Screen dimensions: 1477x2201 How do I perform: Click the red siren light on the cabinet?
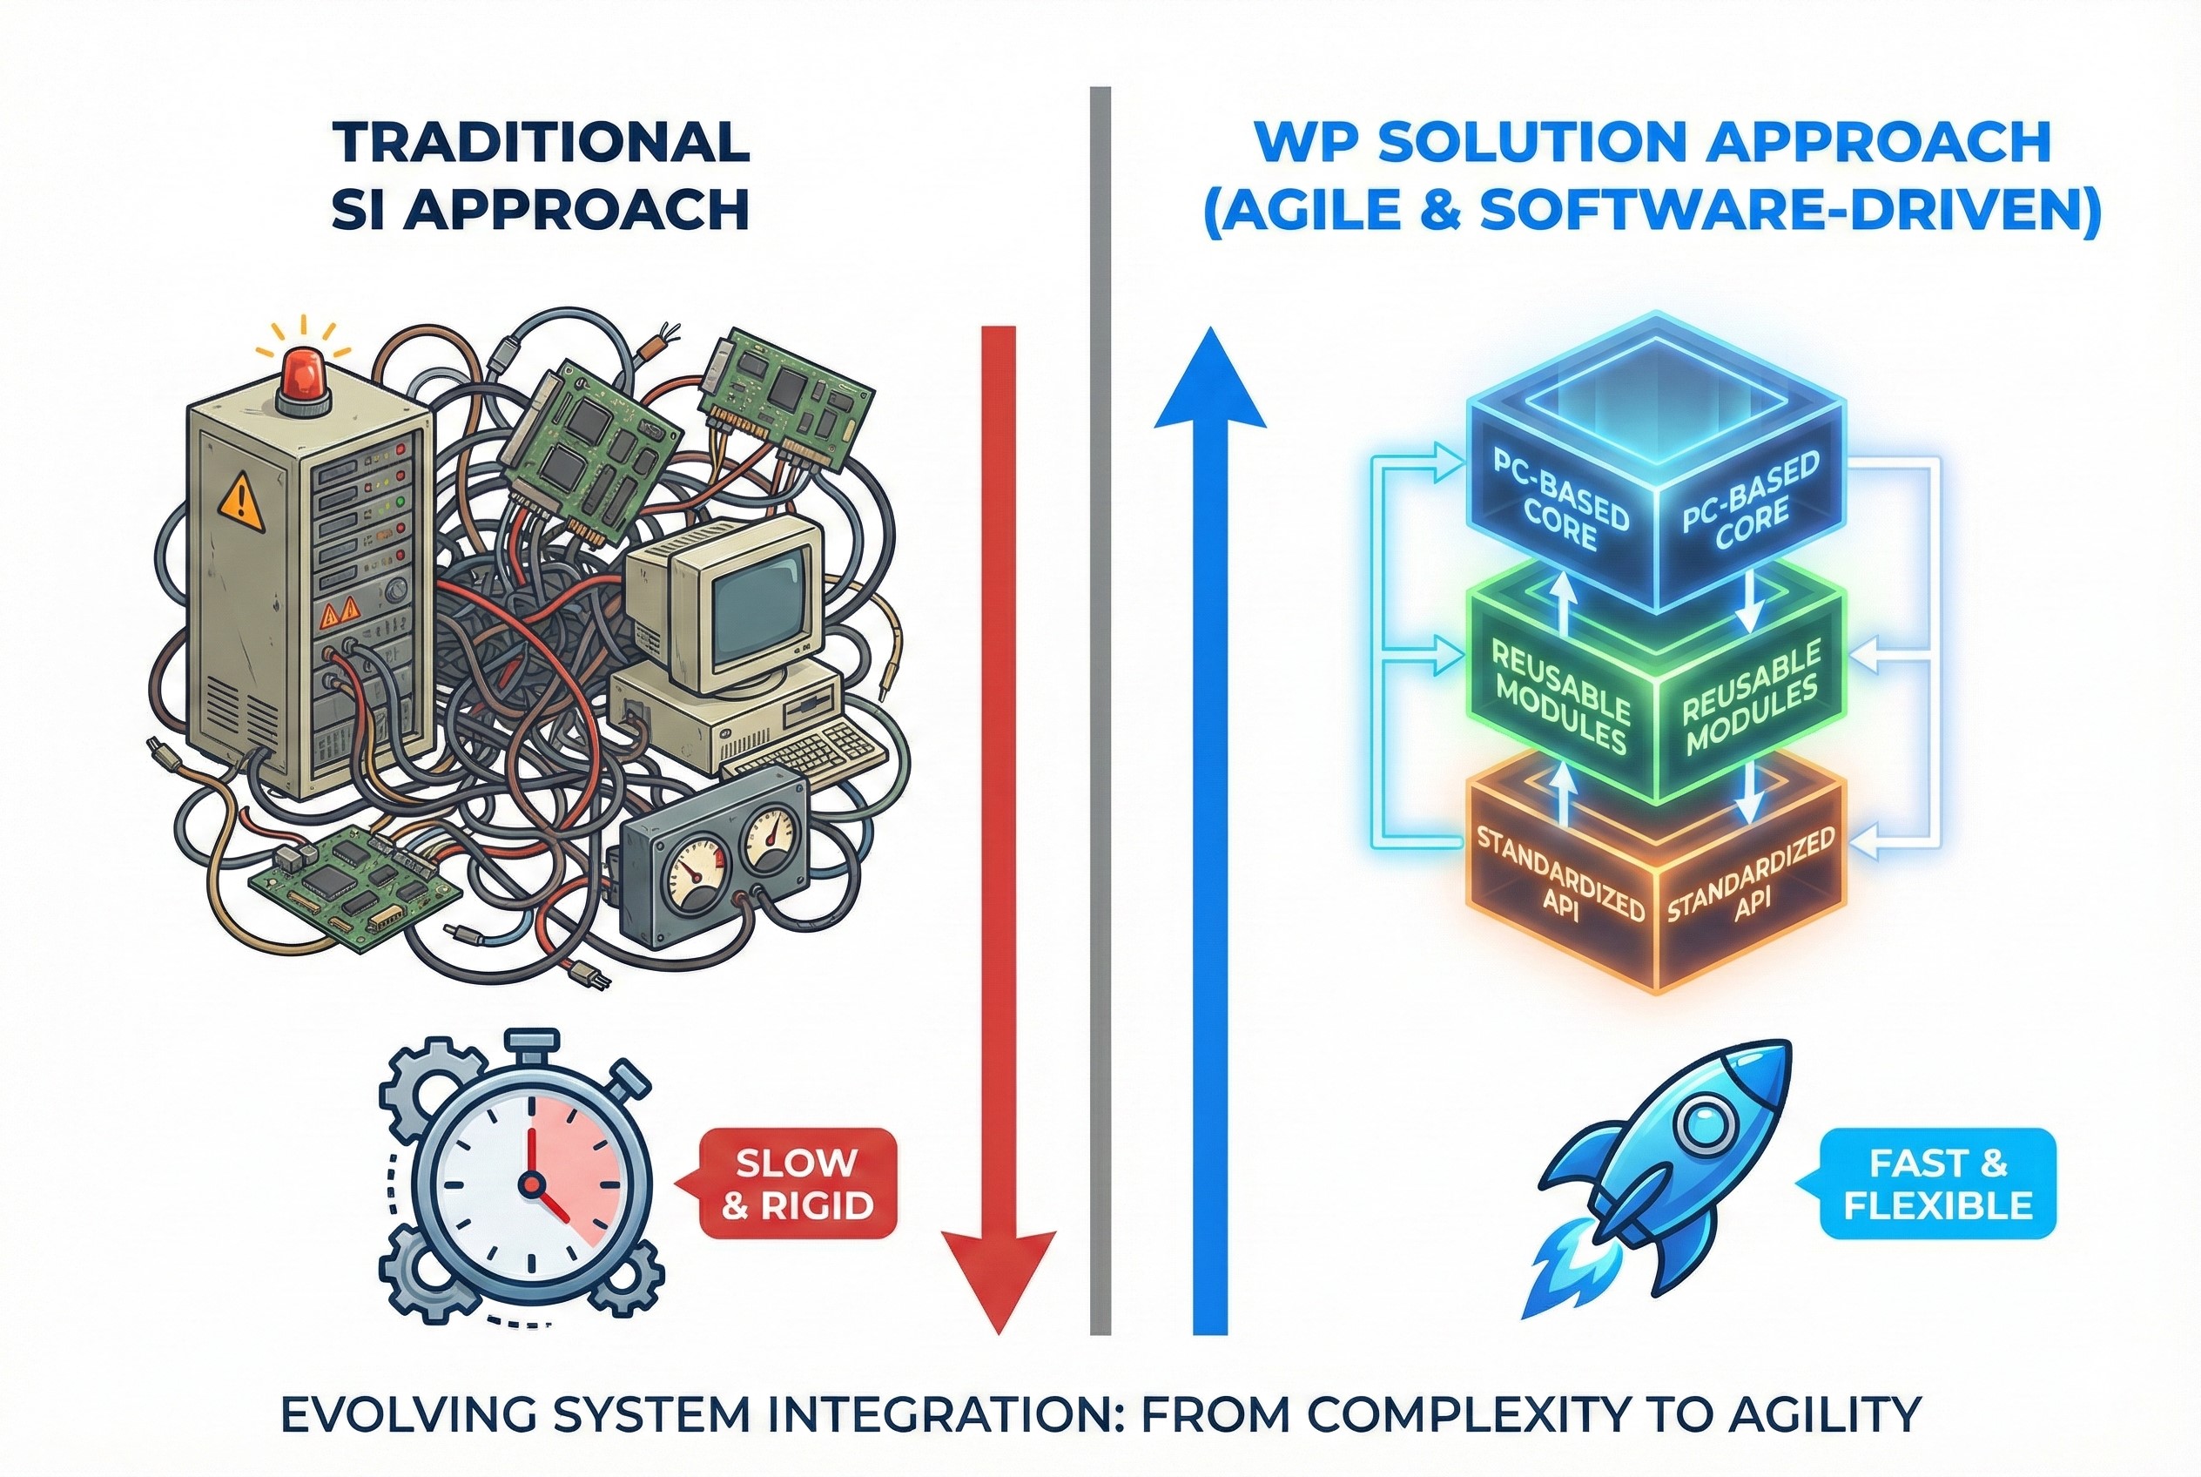(304, 372)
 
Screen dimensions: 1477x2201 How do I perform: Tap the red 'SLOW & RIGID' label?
(797, 1184)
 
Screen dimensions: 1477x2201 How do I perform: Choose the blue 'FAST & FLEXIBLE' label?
(1937, 1184)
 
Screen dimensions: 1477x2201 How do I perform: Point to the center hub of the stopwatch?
(532, 1181)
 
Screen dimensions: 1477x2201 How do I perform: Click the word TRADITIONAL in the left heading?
(542, 142)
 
